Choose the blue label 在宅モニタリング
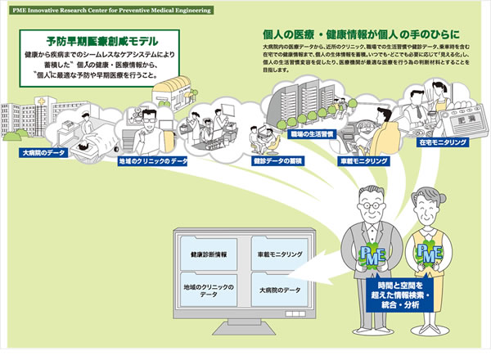(443, 142)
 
